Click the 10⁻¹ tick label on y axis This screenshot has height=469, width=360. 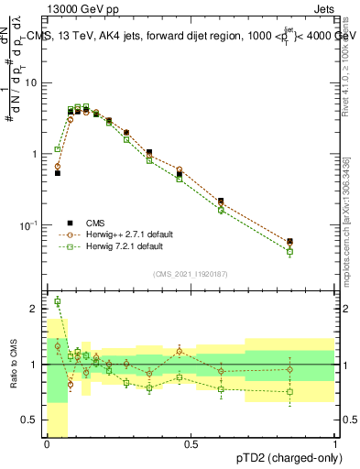pos(30,225)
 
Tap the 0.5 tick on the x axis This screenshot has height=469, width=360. pos(191,445)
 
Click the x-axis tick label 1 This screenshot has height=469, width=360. pos(335,445)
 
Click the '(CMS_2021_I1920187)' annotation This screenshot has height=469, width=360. pos(191,273)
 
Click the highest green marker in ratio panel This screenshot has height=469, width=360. pos(58,301)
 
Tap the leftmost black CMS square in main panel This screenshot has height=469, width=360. pos(58,172)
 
